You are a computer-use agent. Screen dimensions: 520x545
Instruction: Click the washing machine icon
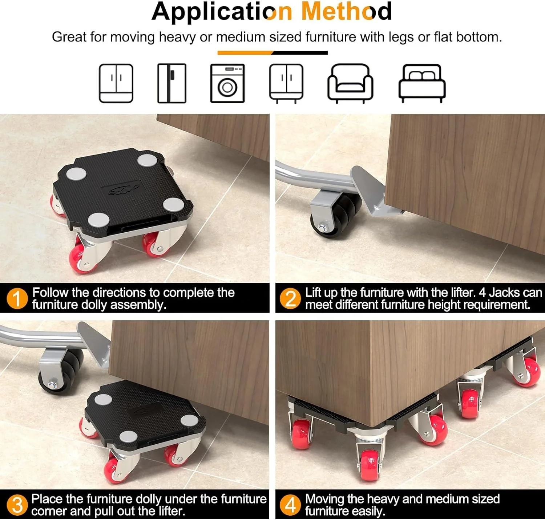pos(227,83)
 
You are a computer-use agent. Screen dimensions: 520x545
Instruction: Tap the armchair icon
pos(350,83)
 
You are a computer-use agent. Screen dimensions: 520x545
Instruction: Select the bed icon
pos(422,83)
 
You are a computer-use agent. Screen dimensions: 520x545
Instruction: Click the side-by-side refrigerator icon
pos(171,83)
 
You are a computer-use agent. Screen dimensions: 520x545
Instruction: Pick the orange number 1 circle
pos(17,299)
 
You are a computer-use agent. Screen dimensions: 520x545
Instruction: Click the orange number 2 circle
pos(290,299)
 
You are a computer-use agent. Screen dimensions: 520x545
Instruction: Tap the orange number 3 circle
pos(17,505)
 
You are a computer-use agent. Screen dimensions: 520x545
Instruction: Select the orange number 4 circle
pos(290,505)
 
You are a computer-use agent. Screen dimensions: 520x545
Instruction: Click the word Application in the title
pos(222,12)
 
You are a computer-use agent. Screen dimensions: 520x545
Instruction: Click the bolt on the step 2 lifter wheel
pos(322,228)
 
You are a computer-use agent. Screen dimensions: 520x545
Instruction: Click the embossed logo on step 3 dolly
pos(144,410)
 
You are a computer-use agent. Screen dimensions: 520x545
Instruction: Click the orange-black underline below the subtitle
pos(272,53)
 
